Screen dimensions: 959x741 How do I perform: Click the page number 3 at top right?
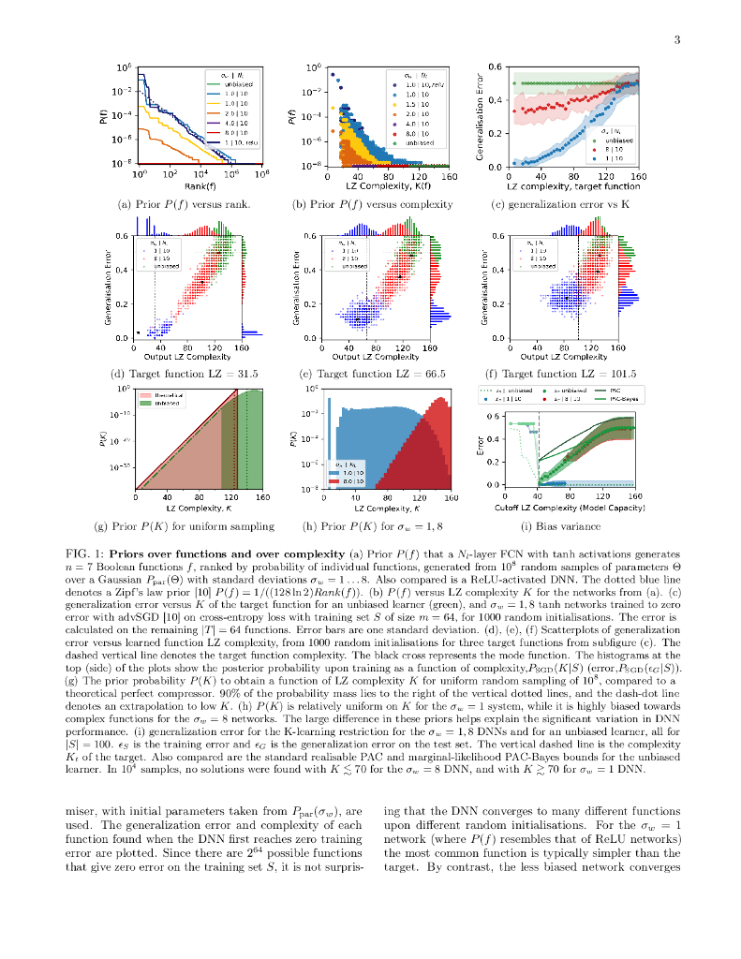[675, 38]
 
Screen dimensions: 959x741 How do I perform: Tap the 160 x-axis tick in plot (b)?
[449, 175]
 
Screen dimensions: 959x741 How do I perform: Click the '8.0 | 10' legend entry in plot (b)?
[418, 133]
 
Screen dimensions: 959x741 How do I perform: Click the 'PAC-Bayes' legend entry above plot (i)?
[615, 398]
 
